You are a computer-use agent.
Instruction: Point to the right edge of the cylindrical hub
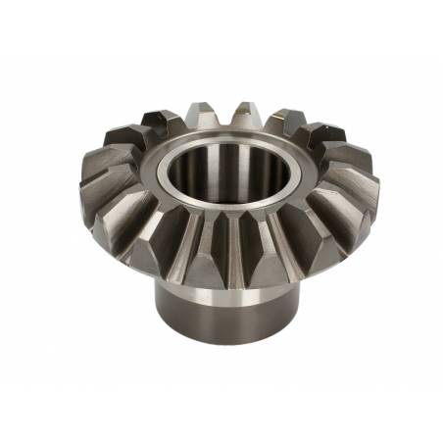(300, 304)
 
